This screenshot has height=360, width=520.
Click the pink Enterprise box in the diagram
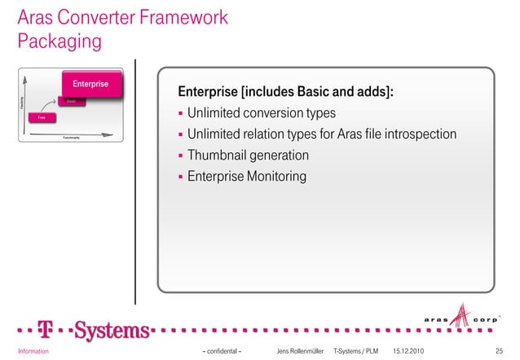click(91, 85)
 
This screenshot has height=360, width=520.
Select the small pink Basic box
click(72, 102)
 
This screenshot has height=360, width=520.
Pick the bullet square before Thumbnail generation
click(181, 156)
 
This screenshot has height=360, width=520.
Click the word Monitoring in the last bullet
click(275, 175)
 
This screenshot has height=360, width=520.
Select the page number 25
click(499, 351)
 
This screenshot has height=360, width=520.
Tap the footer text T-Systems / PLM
click(357, 351)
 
